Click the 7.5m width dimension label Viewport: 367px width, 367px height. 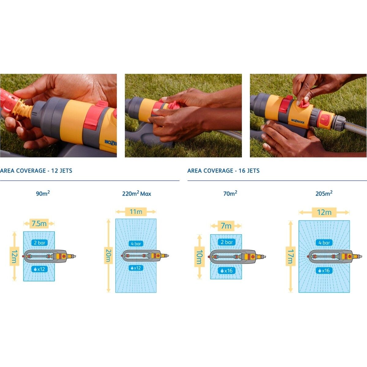39,224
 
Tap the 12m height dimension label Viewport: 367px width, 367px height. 14,256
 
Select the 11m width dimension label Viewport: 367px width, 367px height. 136,212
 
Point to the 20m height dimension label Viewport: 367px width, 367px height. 108,256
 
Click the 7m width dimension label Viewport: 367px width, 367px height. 226,226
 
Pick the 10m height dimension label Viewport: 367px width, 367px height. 199,257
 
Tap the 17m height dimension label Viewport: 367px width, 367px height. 291,256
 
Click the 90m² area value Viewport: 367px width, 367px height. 43,194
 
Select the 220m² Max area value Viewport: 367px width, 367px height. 136,194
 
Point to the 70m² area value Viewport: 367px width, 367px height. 230,194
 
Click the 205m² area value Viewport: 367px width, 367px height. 324,194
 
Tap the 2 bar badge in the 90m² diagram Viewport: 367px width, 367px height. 39,243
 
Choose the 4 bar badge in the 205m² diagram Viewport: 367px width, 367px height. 324,243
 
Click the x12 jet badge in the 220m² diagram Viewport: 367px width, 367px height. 136,268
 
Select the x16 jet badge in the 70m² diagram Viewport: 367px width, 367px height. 226,271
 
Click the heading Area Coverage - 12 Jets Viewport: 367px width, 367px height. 36,171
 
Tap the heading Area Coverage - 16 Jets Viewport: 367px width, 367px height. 223,171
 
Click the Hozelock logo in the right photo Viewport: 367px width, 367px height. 298,121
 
